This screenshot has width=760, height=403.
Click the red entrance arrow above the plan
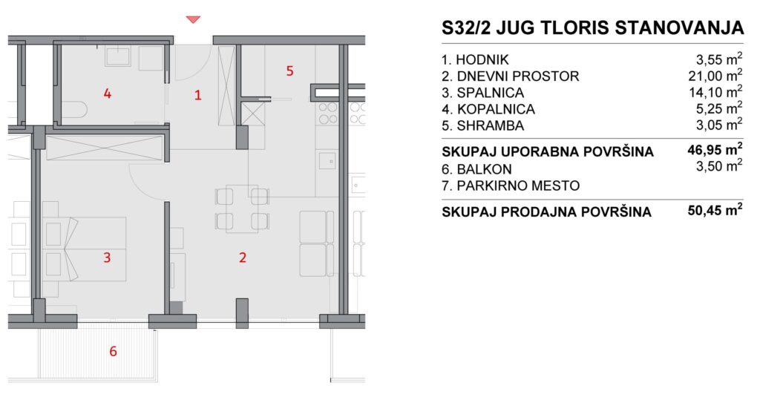coord(194,19)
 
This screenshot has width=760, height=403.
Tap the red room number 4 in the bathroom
coord(108,93)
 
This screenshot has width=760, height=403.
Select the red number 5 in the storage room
coord(290,71)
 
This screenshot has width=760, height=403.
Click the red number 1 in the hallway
coord(197,94)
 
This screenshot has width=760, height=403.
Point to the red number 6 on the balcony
coord(113,351)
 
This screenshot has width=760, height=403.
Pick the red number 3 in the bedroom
coord(107,257)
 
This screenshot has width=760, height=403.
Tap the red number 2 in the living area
coord(243,257)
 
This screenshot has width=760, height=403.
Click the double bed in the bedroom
coord(85,249)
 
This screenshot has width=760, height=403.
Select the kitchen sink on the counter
coord(327,160)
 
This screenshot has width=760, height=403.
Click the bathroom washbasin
coord(118,56)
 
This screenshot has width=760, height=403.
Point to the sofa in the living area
coord(316,243)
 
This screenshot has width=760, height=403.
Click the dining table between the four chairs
coord(242,209)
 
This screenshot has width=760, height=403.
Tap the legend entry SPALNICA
coord(490,93)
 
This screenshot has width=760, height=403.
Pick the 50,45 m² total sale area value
coord(715,211)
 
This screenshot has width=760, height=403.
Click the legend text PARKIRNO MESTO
coord(518,186)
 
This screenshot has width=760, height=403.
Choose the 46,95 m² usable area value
coord(715,150)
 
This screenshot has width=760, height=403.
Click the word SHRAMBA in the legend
coord(490,125)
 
